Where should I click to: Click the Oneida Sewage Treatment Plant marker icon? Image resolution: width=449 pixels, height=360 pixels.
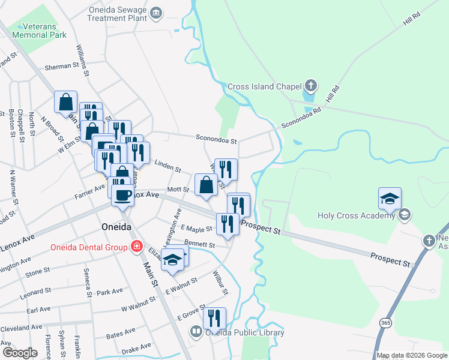coord(157,13)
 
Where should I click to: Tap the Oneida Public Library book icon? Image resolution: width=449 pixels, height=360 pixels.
coord(196,332)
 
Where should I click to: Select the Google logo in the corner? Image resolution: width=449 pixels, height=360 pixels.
coord(20,352)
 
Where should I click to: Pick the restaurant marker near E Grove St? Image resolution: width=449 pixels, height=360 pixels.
coord(214,318)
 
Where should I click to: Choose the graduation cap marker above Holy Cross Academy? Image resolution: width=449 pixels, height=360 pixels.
coord(390,198)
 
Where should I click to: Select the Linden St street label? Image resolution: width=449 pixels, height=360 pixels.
coord(168,166)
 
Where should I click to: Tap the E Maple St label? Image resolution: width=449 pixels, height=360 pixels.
coord(196,229)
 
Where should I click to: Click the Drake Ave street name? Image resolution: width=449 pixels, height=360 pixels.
coord(137,348)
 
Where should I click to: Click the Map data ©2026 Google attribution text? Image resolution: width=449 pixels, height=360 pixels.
coord(411,355)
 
